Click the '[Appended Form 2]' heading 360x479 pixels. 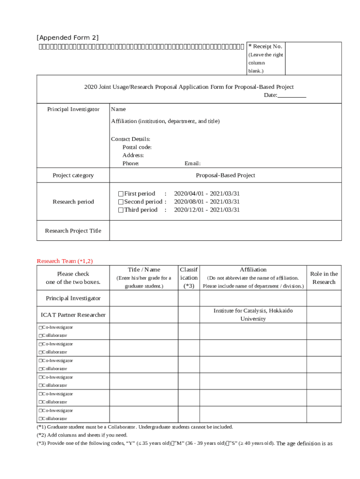[67, 37]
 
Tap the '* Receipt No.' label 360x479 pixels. [265, 46]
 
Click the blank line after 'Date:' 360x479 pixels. [292, 95]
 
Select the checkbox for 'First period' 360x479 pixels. [121, 194]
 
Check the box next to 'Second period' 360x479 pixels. [121, 202]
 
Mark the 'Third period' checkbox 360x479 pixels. [121, 210]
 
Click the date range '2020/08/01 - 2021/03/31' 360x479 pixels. [207, 202]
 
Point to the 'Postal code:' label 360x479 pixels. [137, 147]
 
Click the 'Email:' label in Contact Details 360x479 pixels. [192, 164]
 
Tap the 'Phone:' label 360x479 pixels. [130, 164]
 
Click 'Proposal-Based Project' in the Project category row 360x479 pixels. [225, 175]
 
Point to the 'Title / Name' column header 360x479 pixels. [144, 269]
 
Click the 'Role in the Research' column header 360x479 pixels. [324, 278]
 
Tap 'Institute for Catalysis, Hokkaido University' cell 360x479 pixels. [253, 315]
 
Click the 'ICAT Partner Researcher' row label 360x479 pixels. [73, 315]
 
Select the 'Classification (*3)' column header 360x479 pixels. [188, 278]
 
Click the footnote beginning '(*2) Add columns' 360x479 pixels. [82, 435]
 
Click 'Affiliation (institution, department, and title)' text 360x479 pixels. [165, 121]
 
